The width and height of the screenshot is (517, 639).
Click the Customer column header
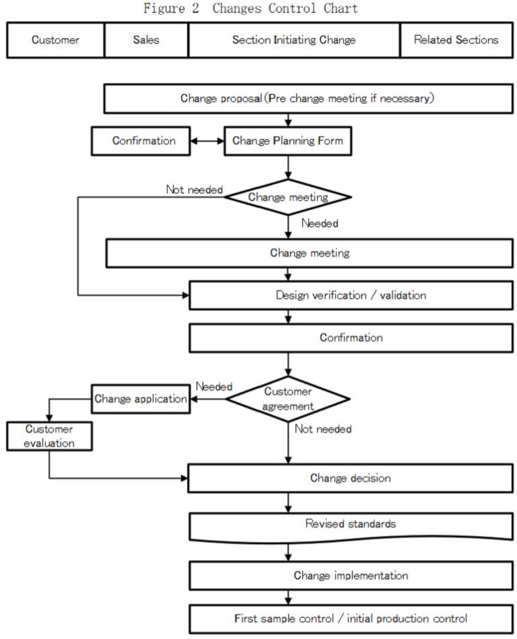(55, 40)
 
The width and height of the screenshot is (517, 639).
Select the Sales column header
(146, 40)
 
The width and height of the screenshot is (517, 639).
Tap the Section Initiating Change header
(294, 40)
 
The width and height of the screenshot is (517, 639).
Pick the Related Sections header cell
(456, 40)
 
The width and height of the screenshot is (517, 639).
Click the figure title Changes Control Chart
(250, 9)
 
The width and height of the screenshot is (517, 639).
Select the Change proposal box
(307, 98)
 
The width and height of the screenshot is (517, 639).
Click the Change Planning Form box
(287, 141)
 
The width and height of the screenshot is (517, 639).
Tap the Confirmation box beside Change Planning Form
(143, 141)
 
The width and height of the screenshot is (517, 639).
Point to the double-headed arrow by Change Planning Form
(207, 141)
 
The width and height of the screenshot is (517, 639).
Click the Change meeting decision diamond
(288, 197)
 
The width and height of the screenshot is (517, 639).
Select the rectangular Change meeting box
(309, 254)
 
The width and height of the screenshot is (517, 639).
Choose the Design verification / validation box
(350, 295)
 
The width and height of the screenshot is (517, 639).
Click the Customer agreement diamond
(287, 399)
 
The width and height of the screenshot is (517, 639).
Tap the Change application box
(140, 399)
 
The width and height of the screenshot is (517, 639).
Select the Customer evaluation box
(49, 436)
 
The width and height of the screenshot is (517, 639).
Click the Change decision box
(350, 478)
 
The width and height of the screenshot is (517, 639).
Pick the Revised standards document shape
(350, 525)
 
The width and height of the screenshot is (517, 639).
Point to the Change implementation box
(350, 576)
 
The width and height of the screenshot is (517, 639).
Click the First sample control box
(350, 618)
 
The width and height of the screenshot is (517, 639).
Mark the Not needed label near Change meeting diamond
(195, 190)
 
